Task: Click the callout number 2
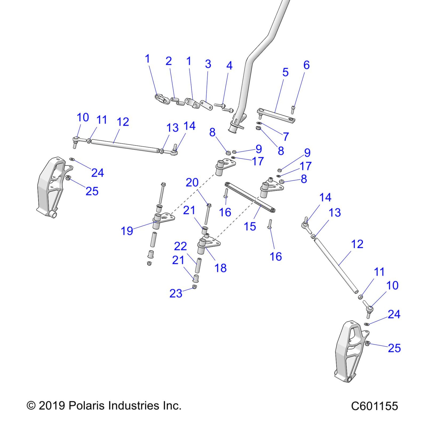(x=169, y=61)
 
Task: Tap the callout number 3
(x=208, y=64)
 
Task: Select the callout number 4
(x=229, y=66)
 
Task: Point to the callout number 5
(x=285, y=72)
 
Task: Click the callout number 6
(x=306, y=65)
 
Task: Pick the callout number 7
(x=286, y=137)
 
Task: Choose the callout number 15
(x=250, y=227)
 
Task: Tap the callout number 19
(x=127, y=231)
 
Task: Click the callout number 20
(x=192, y=183)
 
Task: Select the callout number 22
(x=180, y=246)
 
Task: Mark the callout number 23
(x=176, y=293)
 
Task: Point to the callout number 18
(x=221, y=268)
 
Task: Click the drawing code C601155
(x=374, y=406)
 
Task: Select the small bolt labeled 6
(x=293, y=110)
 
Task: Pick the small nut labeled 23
(x=194, y=287)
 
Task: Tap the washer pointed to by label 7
(x=259, y=123)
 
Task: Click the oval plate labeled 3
(x=206, y=105)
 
